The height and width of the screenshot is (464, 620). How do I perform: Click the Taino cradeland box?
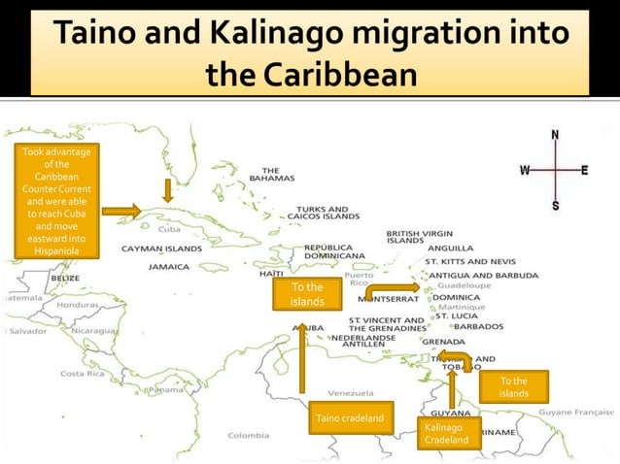pyautogui.click(x=351, y=418)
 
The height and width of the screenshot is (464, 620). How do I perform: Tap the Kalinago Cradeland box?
pyautogui.click(x=446, y=433)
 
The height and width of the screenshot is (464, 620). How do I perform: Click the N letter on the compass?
pyautogui.click(x=555, y=135)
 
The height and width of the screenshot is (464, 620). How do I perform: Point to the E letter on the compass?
pyautogui.click(x=584, y=170)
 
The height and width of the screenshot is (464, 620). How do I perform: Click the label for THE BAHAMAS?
pyautogui.click(x=265, y=175)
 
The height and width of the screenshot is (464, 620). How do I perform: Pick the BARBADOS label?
pyautogui.click(x=478, y=326)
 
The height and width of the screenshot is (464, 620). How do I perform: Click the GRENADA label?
pyautogui.click(x=443, y=342)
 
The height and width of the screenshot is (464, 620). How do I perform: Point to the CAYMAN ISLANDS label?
pyautogui.click(x=161, y=249)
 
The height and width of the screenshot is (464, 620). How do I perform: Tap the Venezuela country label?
pyautogui.click(x=351, y=393)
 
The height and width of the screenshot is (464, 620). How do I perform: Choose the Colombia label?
pyautogui.click(x=249, y=435)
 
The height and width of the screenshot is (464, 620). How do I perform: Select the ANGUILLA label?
pyautogui.click(x=450, y=247)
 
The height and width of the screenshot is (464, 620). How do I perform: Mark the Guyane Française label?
pyautogui.click(x=576, y=413)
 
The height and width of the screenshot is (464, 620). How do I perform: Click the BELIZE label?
pyautogui.click(x=66, y=278)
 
